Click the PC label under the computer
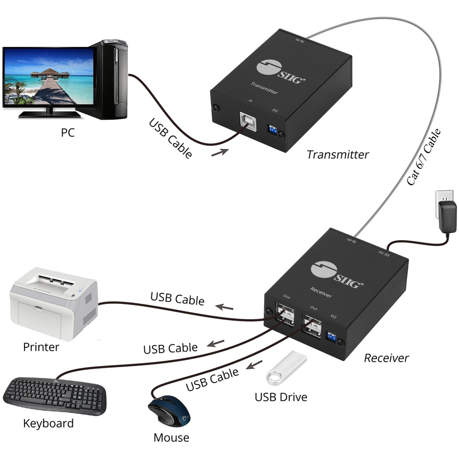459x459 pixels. coord(68,133)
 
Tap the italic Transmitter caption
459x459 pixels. coord(338,154)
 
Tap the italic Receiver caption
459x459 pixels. coord(386,358)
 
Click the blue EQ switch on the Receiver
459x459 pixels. coord(331,338)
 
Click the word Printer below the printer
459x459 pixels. coord(41,347)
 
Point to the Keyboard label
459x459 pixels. coord(48,423)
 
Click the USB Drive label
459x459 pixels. coord(281,396)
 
